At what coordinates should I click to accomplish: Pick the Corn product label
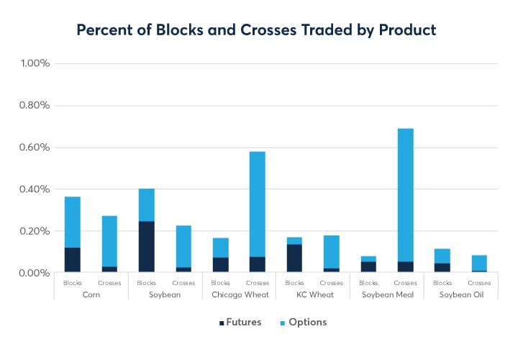91,295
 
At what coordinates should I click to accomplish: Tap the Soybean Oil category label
460,295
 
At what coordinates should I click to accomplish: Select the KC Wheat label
313,295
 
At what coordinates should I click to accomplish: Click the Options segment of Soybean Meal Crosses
405,194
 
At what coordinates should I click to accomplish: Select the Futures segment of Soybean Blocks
146,246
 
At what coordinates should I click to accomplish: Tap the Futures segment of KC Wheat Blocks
294,258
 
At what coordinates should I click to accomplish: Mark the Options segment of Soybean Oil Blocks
442,256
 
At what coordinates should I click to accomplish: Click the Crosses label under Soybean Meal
405,283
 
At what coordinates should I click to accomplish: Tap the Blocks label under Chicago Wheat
220,283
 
